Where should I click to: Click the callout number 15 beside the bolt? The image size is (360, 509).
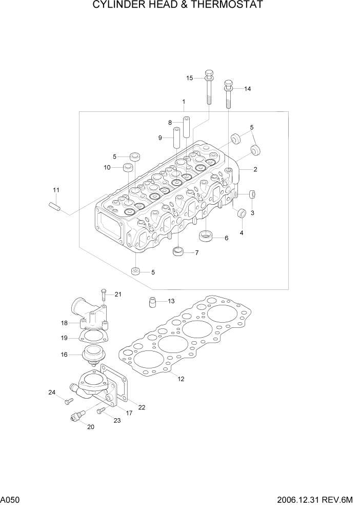pyautogui.click(x=189, y=78)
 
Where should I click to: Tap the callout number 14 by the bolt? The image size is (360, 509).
pyautogui.click(x=247, y=89)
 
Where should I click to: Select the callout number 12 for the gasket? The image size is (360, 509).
pyautogui.click(x=181, y=379)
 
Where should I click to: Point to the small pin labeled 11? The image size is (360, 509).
pyautogui.click(x=55, y=206)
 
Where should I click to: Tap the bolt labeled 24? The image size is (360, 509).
pyautogui.click(x=68, y=401)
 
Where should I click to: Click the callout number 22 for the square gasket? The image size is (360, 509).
pyautogui.click(x=142, y=407)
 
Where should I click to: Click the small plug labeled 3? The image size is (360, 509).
pyautogui.click(x=252, y=194)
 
